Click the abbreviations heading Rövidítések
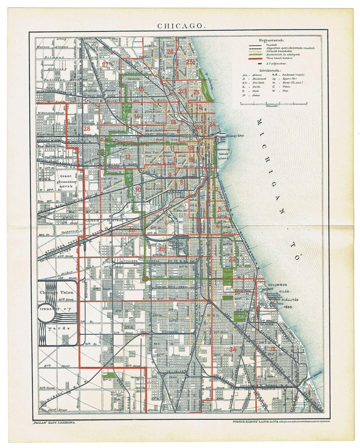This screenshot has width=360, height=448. [x=271, y=71]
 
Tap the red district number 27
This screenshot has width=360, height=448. [x=106, y=65]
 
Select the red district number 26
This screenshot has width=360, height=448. [x=170, y=52]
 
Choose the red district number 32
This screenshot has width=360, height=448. [x=232, y=259]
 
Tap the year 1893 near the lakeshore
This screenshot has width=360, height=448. [x=286, y=307]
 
